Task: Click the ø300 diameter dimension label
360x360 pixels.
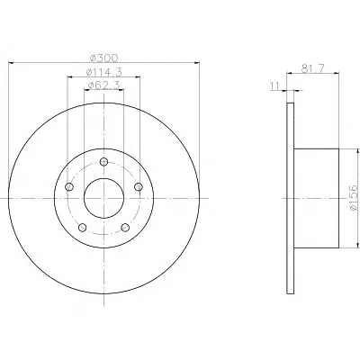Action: click(103, 58)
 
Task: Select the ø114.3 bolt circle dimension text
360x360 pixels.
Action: click(103, 72)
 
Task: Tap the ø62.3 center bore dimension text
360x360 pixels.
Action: click(103, 85)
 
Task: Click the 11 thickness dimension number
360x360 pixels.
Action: click(274, 86)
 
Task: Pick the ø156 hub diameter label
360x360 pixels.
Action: click(354, 198)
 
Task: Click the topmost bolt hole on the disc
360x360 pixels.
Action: click(103, 162)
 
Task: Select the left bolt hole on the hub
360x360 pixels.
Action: click(69, 187)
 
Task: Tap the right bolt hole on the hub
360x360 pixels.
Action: click(139, 187)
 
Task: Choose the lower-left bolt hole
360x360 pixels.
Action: click(83, 228)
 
